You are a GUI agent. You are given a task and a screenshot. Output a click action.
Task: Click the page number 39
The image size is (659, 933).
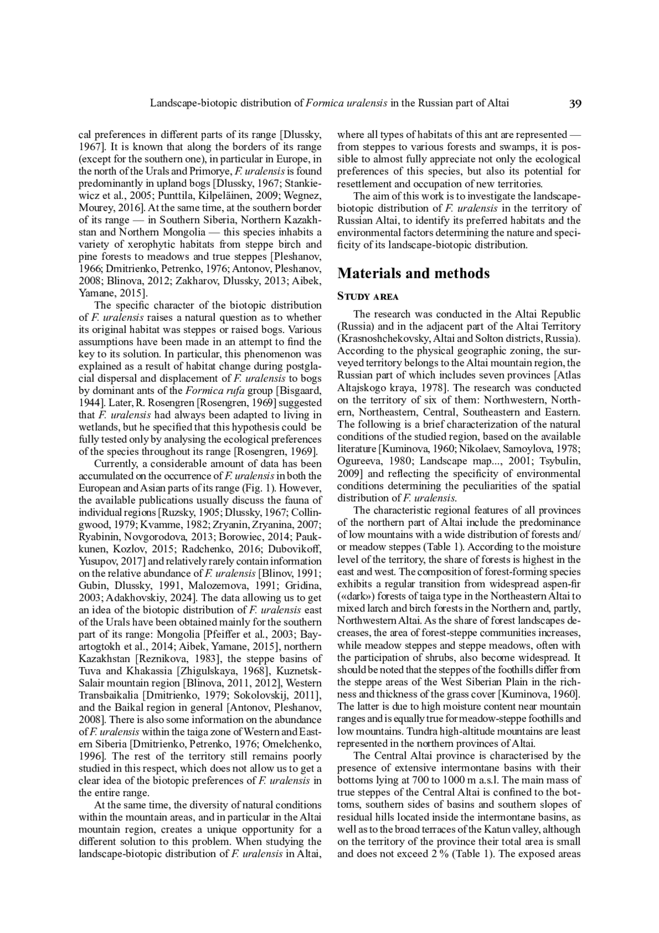575,103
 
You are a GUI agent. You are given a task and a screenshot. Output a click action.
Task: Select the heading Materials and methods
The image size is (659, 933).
413,274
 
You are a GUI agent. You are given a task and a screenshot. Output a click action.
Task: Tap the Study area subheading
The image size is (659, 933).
367,297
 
